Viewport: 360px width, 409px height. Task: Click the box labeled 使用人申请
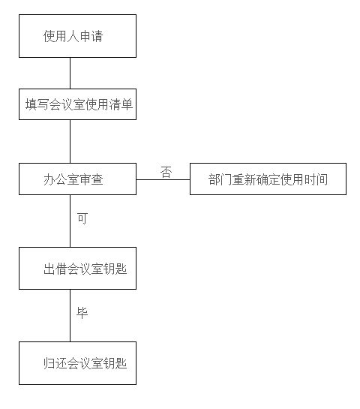77,36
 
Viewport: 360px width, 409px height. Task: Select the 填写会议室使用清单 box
77,104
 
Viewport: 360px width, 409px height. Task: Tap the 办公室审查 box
77,179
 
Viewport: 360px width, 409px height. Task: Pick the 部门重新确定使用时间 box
268,179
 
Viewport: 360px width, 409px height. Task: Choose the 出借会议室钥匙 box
77,268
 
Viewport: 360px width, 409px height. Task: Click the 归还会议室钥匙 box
77,363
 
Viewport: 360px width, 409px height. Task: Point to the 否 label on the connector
166,172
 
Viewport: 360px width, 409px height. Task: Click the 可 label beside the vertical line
82,218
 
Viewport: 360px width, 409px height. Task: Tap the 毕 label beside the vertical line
82,312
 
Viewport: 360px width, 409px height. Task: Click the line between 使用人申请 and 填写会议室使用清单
70,73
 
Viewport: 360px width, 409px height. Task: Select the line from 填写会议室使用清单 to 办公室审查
70,142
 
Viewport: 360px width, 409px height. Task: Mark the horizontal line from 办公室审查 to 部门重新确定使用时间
163,179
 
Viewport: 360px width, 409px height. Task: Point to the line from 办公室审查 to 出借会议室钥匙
70,221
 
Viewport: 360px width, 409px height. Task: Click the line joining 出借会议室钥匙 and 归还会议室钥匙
70,316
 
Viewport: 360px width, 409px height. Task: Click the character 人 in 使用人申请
73,36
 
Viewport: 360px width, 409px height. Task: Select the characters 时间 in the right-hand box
316,179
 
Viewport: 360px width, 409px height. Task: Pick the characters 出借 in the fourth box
55,269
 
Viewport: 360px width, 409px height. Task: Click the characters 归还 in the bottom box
55,363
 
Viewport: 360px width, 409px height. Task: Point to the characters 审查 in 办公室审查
91,179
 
